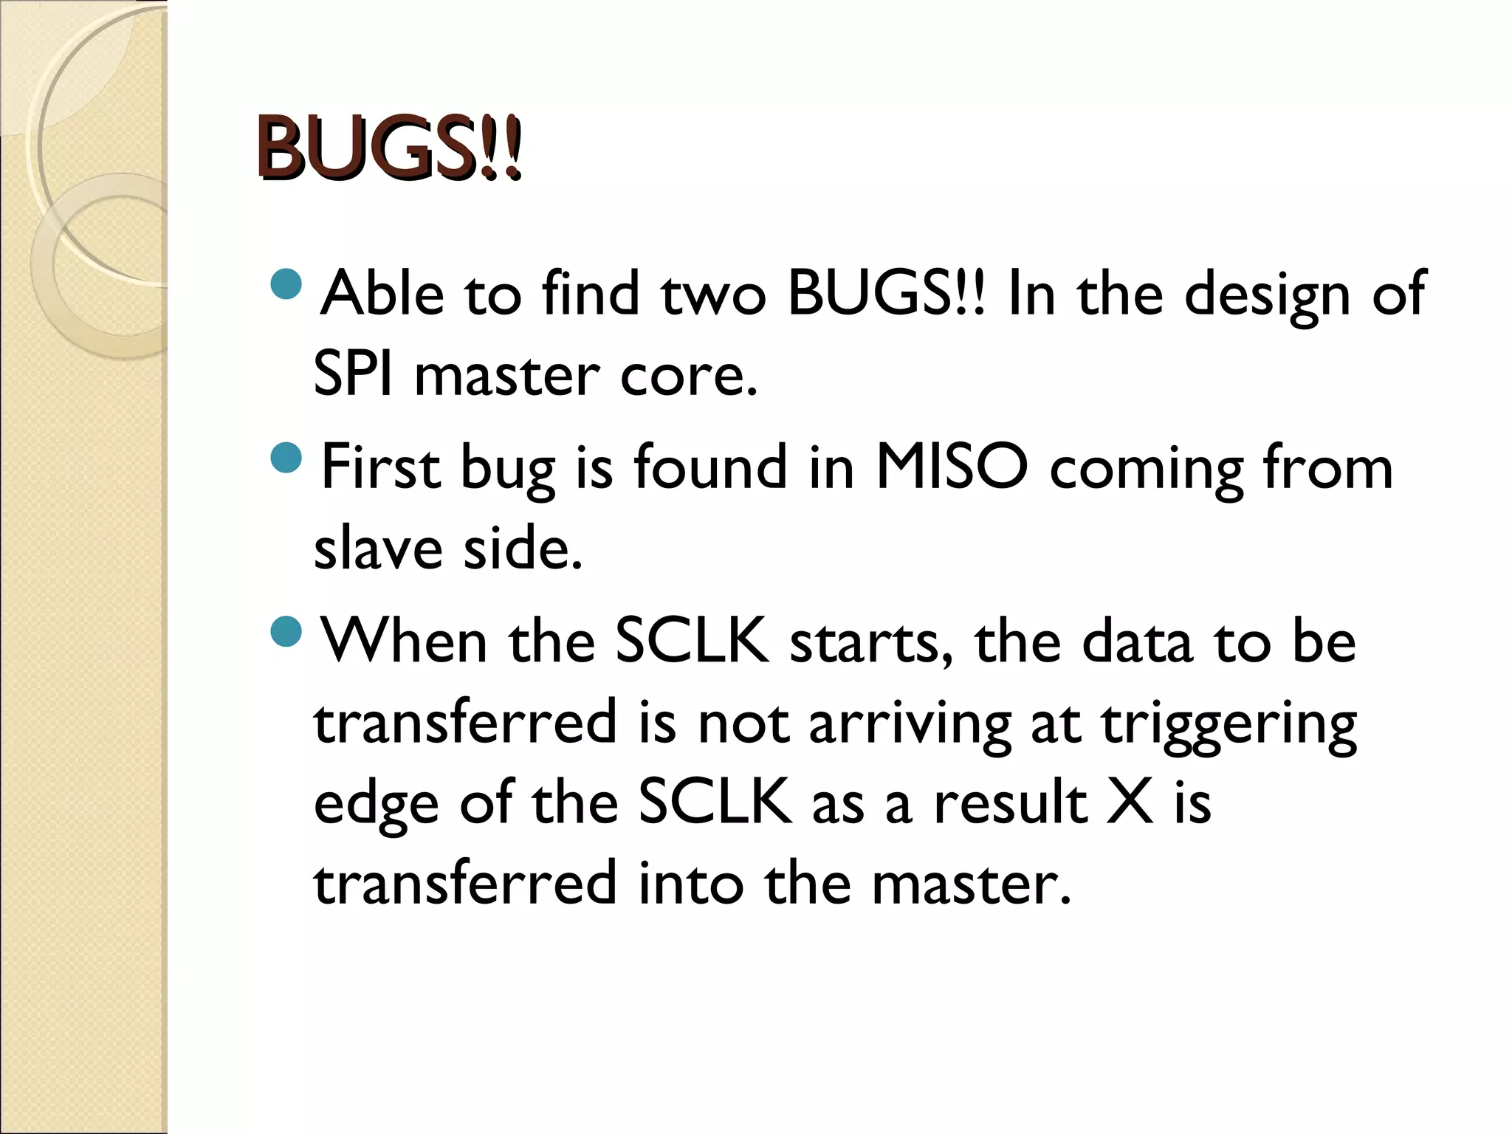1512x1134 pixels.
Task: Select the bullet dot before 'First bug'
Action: [x=286, y=458]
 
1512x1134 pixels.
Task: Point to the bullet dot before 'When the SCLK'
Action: [x=286, y=631]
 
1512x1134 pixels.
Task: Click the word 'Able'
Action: [x=382, y=294]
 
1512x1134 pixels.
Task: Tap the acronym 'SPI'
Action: [x=353, y=374]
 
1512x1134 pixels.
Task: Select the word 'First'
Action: [x=381, y=467]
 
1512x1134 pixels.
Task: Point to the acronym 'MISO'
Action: [x=951, y=467]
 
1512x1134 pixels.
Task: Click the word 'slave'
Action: [x=378, y=548]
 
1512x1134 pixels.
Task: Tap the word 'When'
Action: [x=403, y=641]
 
